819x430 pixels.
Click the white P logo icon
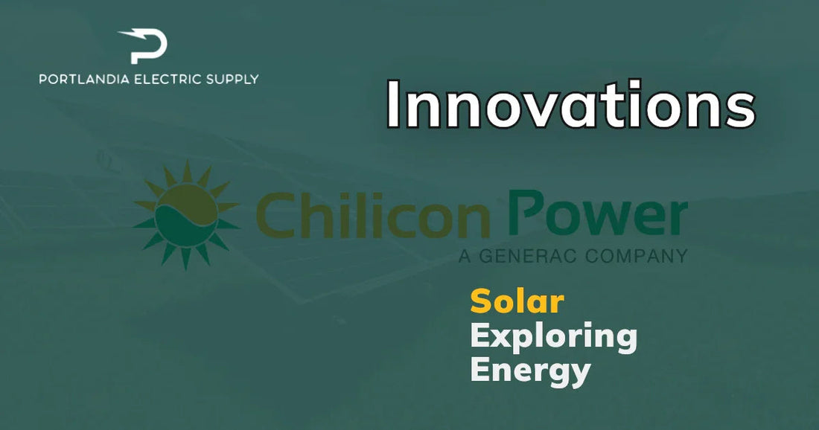tap(144, 46)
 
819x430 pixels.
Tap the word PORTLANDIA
tap(85, 80)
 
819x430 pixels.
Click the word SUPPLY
tap(232, 80)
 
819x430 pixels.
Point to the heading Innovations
tap(571, 104)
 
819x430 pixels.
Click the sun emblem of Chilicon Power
tap(186, 215)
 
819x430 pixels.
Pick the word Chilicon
tap(373, 214)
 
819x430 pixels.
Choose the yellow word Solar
tap(517, 301)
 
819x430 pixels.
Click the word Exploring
tap(554, 338)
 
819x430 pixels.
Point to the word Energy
tap(530, 371)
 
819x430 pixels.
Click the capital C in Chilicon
tap(275, 214)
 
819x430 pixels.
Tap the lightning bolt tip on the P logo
tap(120, 33)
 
